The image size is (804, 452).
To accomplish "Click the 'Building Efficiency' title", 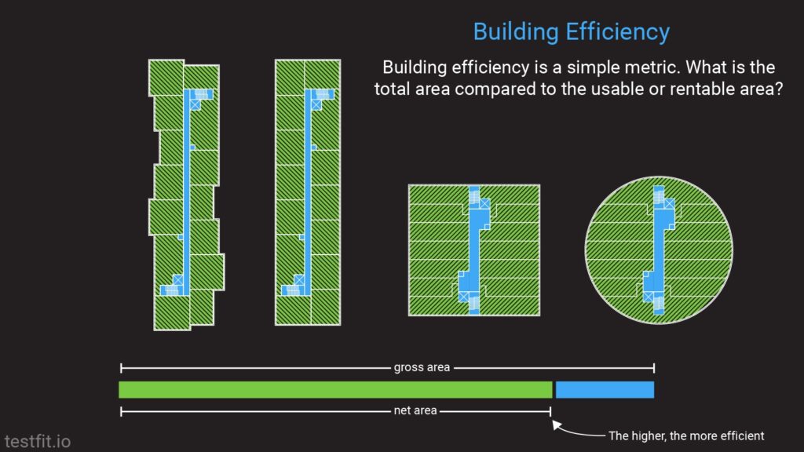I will (571, 32).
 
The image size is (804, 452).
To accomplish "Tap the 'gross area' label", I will (422, 367).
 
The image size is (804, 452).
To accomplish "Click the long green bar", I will (335, 389).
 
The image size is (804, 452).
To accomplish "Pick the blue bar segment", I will (605, 389).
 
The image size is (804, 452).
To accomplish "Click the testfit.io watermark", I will (37, 441).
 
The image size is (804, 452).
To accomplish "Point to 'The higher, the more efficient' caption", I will (685, 436).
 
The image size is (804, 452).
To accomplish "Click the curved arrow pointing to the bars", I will (577, 431).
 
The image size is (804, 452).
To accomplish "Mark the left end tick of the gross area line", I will (121, 367).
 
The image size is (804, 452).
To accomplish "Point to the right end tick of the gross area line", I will (653, 367).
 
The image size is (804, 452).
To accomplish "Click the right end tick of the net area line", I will (550, 410).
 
